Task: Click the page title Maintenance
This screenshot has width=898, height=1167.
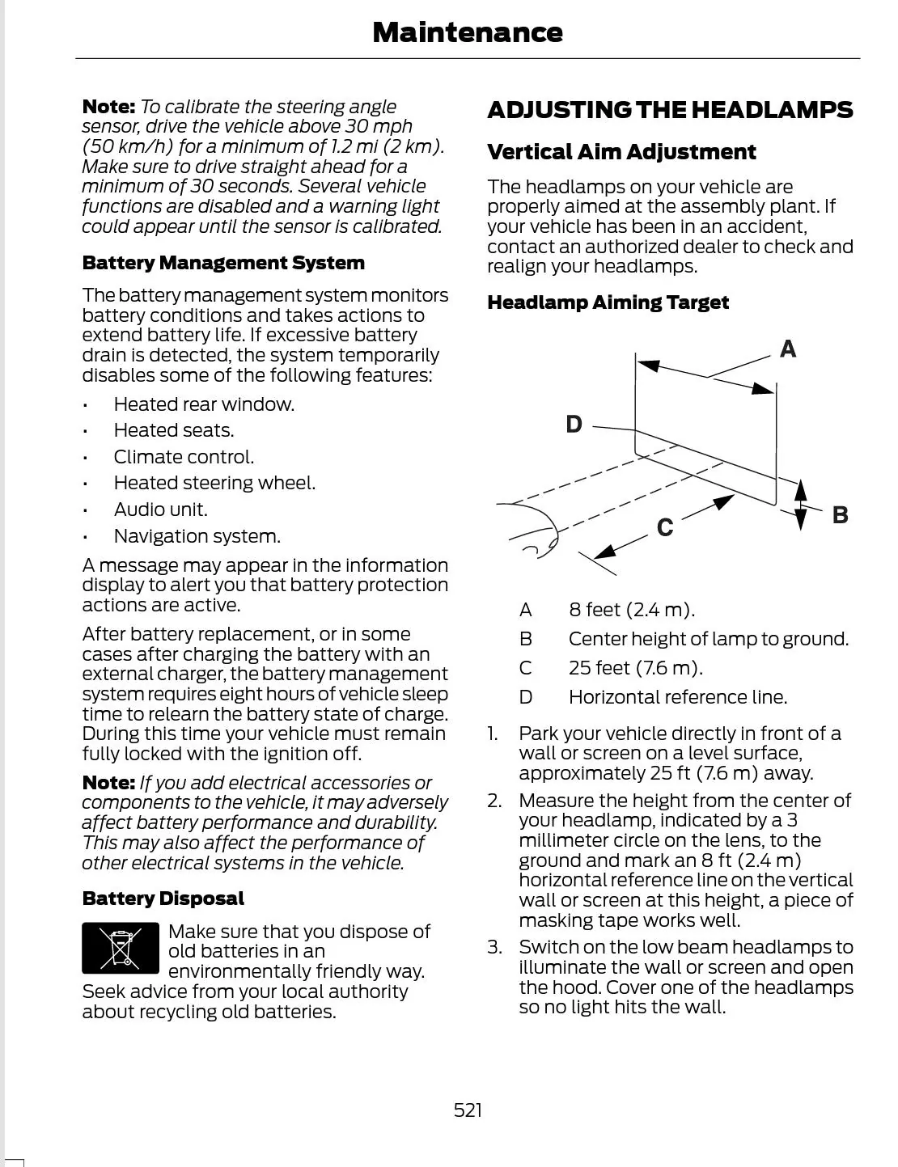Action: pyautogui.click(x=467, y=32)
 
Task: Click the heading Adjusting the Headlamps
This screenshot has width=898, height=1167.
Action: pyautogui.click(x=670, y=110)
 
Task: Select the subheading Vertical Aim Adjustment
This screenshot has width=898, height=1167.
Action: pyautogui.click(x=621, y=152)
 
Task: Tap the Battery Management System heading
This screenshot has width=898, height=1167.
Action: pyautogui.click(x=223, y=263)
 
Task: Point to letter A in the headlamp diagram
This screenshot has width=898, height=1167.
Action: pyautogui.click(x=788, y=349)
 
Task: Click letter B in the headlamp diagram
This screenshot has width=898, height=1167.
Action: pyautogui.click(x=841, y=515)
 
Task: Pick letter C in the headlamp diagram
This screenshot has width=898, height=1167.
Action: pyautogui.click(x=665, y=528)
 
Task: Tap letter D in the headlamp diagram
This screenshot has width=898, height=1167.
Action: pyautogui.click(x=574, y=425)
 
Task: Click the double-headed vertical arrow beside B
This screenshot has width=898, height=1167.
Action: pyautogui.click(x=800, y=505)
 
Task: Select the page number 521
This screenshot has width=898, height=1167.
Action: pyautogui.click(x=468, y=1110)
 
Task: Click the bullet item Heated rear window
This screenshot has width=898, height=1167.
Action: pyautogui.click(x=204, y=404)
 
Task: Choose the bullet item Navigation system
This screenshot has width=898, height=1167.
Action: pyautogui.click(x=197, y=536)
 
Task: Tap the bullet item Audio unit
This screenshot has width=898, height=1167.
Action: pyautogui.click(x=160, y=510)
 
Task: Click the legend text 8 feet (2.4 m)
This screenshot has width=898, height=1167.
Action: pyautogui.click(x=631, y=610)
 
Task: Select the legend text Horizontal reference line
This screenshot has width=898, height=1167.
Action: pyautogui.click(x=677, y=697)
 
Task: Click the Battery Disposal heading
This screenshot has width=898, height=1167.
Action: pyautogui.click(x=163, y=899)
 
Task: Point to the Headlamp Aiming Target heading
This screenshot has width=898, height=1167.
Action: pyautogui.click(x=608, y=302)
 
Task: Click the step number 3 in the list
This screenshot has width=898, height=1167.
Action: pyautogui.click(x=494, y=947)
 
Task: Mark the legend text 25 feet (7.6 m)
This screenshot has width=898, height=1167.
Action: pyautogui.click(x=635, y=668)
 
